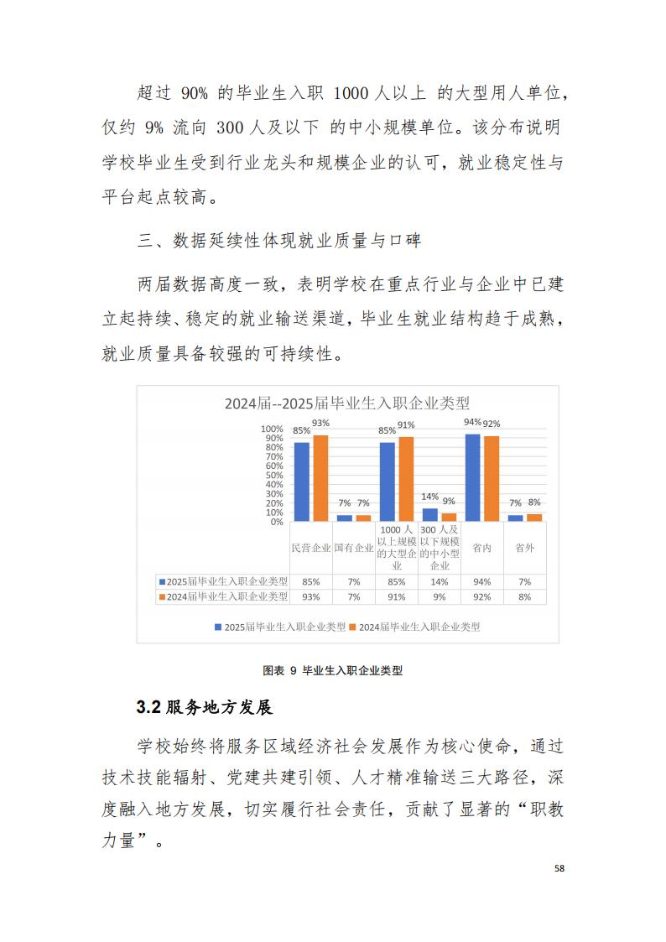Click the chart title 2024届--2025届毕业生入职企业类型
coord(346,403)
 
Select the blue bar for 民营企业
coord(301,481)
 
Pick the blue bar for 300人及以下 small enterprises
coord(430,514)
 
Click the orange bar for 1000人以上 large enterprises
coord(406,479)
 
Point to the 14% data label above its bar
coord(430,497)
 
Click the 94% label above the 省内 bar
coord(472,422)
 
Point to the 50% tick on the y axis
coord(274,475)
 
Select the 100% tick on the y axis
coord(273,429)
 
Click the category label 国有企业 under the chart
coord(353,548)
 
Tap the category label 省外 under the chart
coord(525,548)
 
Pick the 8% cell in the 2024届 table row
coord(525,596)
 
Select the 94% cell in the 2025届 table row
coord(481,580)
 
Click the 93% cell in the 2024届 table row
coord(310,596)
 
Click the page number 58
coord(559,869)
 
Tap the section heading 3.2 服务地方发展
coord(204,707)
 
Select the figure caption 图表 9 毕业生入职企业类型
coord(333,670)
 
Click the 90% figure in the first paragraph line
coord(200,91)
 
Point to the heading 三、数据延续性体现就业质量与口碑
coord(279,241)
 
